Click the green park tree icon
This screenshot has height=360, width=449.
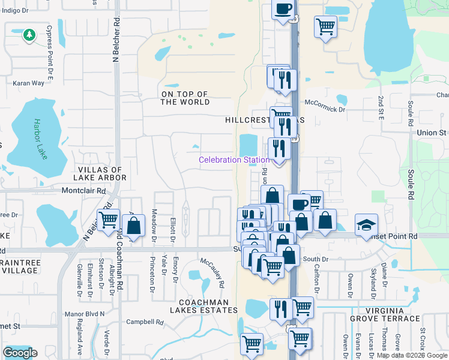point(28,35)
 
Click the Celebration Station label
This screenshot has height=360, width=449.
point(234,160)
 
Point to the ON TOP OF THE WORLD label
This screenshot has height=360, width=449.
point(185,98)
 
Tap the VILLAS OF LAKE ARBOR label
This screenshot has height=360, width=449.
point(100,174)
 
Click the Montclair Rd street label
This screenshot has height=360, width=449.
point(83,191)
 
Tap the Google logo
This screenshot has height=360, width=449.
point(20,353)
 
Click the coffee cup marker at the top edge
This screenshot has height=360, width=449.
point(283,9)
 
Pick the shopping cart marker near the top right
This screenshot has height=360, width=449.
point(325,26)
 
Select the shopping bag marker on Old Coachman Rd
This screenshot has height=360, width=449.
point(134,226)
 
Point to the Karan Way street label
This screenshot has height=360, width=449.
point(29,83)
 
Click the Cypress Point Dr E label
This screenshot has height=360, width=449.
point(50,45)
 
